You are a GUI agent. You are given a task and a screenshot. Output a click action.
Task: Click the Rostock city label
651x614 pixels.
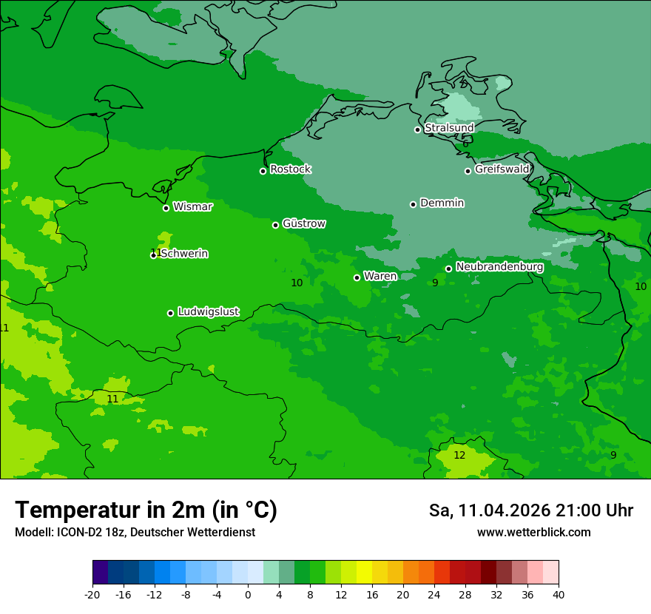290,169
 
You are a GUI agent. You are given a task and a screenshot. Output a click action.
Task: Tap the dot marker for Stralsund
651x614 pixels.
417,129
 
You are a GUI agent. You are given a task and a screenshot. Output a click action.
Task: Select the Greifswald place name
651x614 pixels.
502,169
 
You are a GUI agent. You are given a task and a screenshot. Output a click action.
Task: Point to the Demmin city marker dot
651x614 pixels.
413,204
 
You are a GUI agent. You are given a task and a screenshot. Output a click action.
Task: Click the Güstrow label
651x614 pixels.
303,223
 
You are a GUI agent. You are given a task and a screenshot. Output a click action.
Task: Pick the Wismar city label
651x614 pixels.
192,206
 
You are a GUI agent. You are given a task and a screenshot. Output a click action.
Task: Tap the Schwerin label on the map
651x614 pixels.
183,254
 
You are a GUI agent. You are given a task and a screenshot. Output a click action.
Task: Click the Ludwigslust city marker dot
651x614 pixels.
170,313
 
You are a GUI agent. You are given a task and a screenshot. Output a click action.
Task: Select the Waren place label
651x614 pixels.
380,276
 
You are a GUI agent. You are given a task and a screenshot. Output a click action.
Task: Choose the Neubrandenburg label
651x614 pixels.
499,267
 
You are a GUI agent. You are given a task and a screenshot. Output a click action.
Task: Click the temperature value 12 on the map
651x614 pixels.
459,455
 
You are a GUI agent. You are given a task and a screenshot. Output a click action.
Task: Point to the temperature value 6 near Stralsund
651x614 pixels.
465,144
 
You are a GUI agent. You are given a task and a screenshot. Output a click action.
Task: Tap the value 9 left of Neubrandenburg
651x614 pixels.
435,283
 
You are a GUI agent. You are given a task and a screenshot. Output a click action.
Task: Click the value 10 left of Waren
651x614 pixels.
297,283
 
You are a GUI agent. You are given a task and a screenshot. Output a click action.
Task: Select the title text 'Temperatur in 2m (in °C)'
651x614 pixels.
146,510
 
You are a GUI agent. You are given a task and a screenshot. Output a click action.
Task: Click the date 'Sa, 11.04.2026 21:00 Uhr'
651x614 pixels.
530,510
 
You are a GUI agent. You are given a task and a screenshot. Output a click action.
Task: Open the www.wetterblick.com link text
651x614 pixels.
533,533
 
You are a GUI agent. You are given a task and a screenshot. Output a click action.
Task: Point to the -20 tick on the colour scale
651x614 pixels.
92,594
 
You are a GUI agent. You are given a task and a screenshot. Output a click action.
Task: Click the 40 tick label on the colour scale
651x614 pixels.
558,594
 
